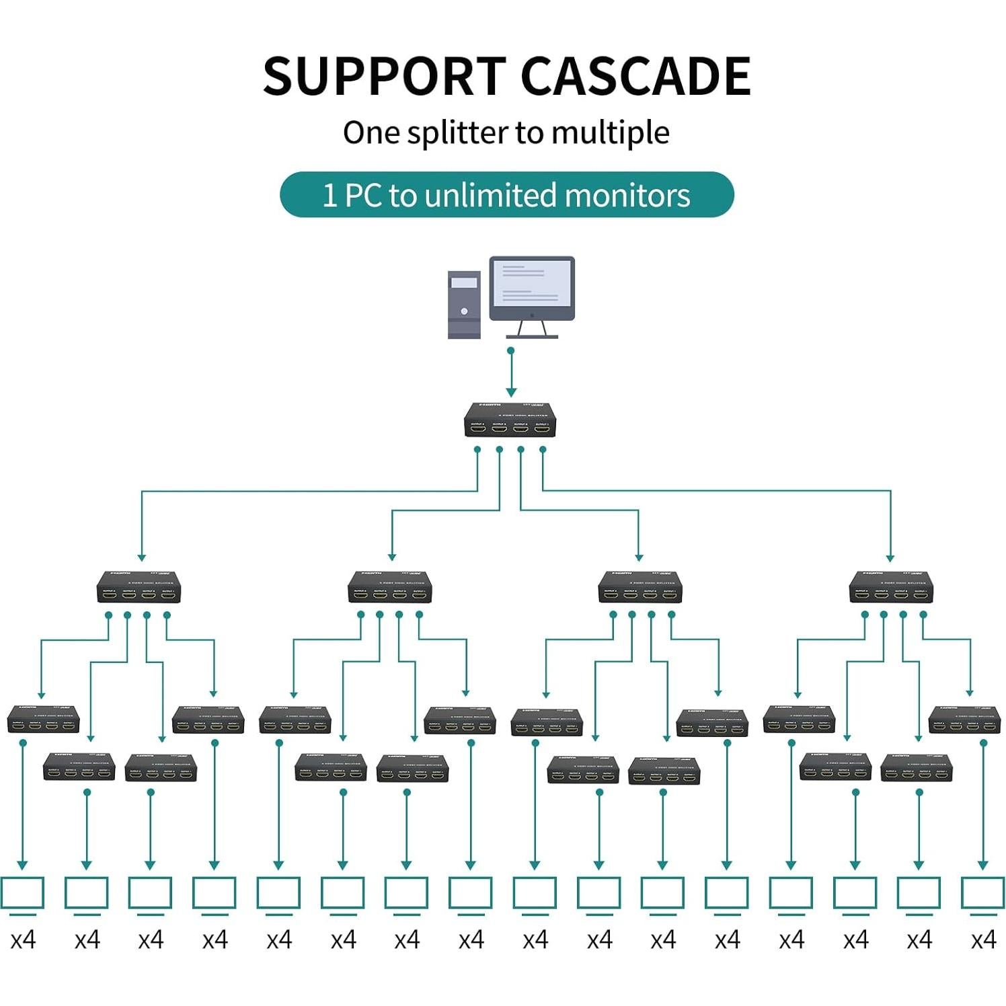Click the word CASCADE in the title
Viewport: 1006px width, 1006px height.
coord(635,75)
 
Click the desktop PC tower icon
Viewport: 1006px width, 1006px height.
coord(464,304)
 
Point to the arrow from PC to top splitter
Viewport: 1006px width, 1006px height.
coord(511,373)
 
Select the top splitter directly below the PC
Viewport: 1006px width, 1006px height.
coord(510,420)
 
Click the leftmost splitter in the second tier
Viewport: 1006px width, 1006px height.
coord(139,587)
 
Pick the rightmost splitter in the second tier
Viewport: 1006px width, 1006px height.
coord(891,587)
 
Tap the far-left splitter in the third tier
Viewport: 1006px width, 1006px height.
coord(43,720)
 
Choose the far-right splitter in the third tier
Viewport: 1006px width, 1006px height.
coord(964,720)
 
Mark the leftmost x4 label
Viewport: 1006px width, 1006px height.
coord(23,939)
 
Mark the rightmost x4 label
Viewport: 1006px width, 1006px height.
coord(983,939)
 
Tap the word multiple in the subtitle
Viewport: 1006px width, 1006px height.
coord(610,133)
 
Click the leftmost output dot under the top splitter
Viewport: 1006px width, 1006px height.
coord(477,449)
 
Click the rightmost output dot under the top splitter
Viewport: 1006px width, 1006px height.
coord(543,449)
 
